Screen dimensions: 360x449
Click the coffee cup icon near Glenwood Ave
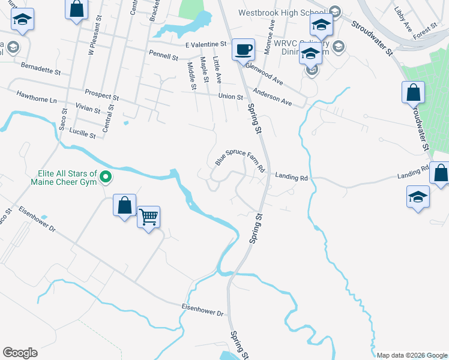[243, 49]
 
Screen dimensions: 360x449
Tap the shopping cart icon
[148, 216]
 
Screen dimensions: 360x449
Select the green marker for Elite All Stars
[106, 176]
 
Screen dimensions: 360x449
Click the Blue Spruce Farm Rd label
[240, 159]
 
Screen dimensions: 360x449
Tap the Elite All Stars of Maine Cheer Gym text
[62, 178]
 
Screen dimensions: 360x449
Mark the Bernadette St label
[41, 71]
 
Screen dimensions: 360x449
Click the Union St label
[231, 96]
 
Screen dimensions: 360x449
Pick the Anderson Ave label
[272, 98]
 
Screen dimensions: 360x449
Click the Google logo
[20, 353]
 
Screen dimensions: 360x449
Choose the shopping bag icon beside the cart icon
[124, 205]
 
